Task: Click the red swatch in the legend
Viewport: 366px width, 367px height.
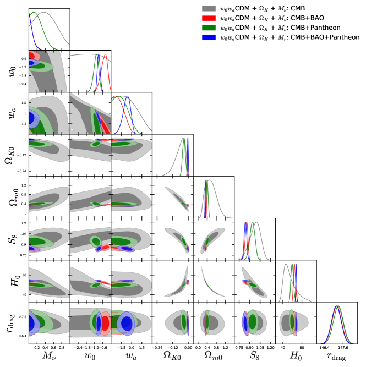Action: click(208, 19)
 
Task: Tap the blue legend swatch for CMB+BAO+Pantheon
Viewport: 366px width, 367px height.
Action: click(208, 37)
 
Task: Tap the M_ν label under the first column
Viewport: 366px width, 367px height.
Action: click(49, 358)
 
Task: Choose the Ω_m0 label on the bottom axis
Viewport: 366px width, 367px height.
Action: click(214, 358)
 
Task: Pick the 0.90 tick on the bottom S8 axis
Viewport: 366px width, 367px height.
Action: click(250, 348)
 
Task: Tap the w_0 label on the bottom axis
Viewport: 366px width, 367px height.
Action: click(90, 358)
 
